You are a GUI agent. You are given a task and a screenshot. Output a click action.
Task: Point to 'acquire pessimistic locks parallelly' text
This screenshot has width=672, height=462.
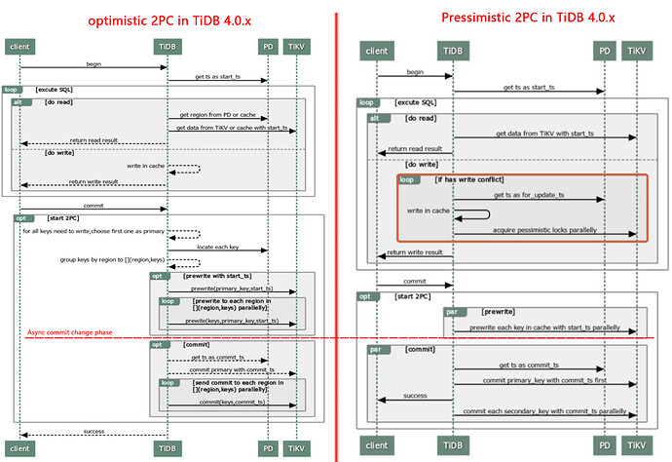pos(544,229)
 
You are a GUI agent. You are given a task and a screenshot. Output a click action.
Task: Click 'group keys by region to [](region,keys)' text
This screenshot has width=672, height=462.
pos(100,261)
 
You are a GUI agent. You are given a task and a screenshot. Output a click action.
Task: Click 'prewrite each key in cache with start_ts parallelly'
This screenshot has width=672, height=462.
pos(543,327)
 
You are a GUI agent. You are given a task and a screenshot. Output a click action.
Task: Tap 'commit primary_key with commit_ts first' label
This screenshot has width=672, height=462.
pos(543,380)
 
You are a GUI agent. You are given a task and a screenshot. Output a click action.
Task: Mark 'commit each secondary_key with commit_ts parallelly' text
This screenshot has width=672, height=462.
pos(543,411)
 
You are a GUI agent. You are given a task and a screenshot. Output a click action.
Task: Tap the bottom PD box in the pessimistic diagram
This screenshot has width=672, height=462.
pos(605,444)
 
